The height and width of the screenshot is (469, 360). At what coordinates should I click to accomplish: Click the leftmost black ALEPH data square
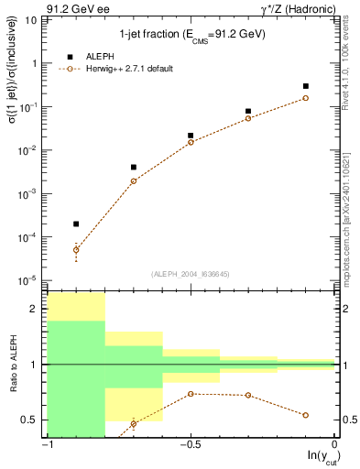click(x=76, y=224)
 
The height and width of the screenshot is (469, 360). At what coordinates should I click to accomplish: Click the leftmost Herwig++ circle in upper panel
click(x=76, y=249)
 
